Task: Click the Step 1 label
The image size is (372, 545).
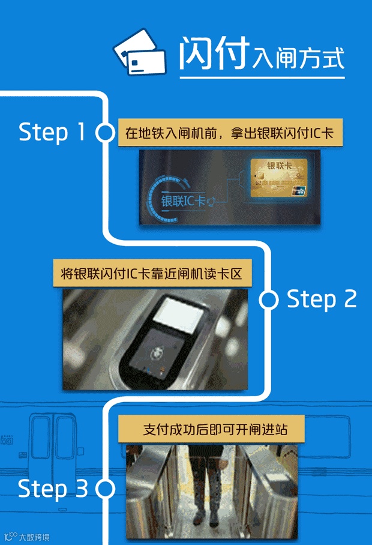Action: tap(52, 132)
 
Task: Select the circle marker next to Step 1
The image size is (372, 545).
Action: tap(104, 133)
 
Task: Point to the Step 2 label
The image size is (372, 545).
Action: tap(322, 300)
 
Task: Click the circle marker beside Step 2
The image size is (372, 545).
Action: tap(269, 300)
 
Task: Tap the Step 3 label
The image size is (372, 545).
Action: tap(52, 489)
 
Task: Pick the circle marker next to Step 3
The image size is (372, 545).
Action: tap(105, 489)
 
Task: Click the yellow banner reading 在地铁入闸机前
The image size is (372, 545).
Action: tap(230, 133)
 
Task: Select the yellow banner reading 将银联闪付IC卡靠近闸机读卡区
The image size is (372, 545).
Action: tap(152, 273)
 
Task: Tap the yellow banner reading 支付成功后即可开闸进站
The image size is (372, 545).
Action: tap(211, 429)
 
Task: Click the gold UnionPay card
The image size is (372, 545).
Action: tap(279, 178)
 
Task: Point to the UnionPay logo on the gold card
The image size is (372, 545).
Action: tap(299, 191)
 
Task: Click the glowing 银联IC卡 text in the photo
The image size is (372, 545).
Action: tap(184, 200)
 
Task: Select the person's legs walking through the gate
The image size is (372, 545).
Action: tap(209, 487)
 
